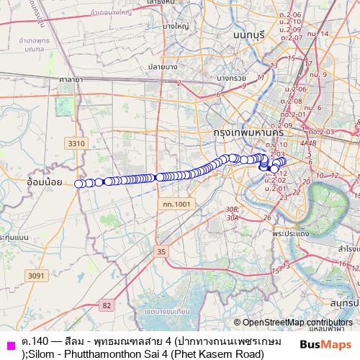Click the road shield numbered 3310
point(76,144)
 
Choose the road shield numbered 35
point(161,251)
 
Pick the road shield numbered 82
point(107,306)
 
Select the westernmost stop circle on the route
point(78,184)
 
